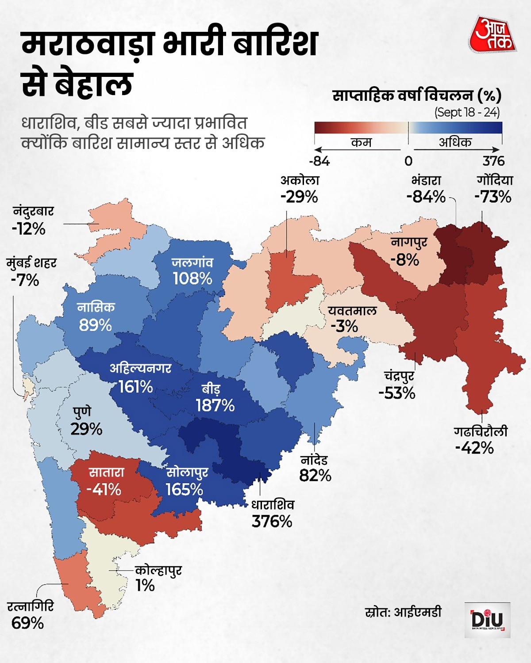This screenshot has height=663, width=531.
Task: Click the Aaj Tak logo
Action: tap(493, 35)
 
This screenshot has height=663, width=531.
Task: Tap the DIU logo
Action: tap(487, 620)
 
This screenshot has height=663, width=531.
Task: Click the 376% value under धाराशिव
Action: tap(272, 522)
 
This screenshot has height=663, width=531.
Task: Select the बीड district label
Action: tap(211, 389)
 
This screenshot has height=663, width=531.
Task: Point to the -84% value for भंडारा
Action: tap(426, 197)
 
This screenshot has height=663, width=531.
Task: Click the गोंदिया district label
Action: tap(495, 180)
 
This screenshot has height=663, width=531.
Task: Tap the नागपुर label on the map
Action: tap(409, 242)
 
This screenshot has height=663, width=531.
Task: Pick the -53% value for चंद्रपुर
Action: tap(397, 393)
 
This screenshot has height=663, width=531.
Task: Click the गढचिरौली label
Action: tap(481, 431)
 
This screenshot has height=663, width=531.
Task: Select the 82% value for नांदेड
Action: tap(315, 476)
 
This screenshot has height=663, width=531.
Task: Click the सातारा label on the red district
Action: tap(107, 472)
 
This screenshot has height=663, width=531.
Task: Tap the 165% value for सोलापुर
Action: tap(184, 489)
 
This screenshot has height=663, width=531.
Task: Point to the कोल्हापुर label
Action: tap(158, 570)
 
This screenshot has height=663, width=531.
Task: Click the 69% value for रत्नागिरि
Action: tap(27, 623)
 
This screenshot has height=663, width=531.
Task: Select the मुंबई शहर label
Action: tap(31, 263)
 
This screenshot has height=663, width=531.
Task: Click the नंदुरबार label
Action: tap(33, 211)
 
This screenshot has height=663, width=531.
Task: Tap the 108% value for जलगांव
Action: tap(192, 278)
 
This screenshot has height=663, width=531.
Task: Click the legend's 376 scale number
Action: tap(493, 161)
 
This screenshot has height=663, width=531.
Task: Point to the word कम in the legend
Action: tap(361, 142)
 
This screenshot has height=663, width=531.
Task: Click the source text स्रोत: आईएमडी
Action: tap(403, 612)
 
